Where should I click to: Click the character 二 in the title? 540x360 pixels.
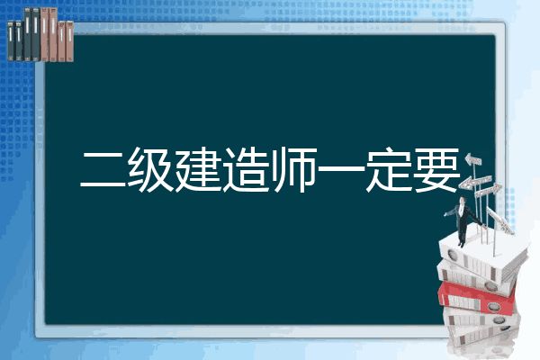(103, 170)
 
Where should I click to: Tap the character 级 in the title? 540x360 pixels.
(150, 169)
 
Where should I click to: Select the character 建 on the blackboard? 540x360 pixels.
(198, 169)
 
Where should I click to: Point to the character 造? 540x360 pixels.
(246, 169)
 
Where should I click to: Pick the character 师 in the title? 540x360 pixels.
(294, 169)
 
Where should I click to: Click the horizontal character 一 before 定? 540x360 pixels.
(341, 168)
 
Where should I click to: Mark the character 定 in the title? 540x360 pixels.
(389, 169)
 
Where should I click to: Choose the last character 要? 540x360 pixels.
(436, 169)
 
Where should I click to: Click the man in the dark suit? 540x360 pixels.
(463, 221)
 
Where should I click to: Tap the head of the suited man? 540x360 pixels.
(463, 200)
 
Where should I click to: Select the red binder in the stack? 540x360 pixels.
(477, 298)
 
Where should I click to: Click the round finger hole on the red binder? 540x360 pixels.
(492, 306)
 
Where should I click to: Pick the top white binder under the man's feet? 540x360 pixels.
(482, 256)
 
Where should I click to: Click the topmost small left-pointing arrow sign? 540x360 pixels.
(473, 160)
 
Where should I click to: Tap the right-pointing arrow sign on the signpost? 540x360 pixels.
(489, 191)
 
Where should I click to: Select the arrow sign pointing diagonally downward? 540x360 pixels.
(499, 220)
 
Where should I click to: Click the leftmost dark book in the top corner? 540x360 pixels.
(11, 41)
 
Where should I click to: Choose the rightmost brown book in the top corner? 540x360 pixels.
(69, 41)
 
